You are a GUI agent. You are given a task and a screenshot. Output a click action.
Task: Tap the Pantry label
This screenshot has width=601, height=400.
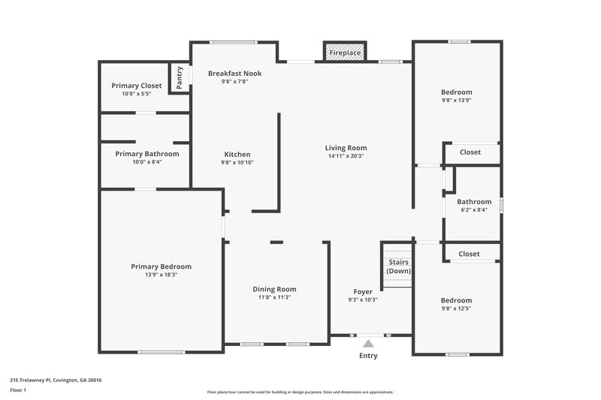point(180,77)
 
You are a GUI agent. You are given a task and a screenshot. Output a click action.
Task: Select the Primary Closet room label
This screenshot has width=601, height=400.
point(137,86)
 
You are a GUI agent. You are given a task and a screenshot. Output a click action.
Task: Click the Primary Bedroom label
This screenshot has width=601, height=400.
point(161,266)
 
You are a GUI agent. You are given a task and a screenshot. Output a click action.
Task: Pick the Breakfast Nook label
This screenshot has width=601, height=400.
point(234,73)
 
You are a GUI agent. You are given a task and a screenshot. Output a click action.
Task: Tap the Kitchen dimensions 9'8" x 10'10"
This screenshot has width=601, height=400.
point(237,162)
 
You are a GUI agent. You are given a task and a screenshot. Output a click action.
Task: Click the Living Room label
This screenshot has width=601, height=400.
point(346,148)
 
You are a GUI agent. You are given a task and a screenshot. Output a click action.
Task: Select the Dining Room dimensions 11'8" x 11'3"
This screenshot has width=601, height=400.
point(273,297)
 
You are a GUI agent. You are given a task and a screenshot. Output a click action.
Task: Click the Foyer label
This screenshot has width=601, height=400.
point(363,291)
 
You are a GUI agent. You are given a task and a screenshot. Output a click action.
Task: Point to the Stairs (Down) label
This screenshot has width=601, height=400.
point(398,266)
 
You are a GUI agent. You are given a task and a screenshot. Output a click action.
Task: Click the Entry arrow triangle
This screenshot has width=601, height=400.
point(368,344)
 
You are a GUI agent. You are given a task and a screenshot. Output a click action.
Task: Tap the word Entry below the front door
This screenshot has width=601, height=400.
point(368,356)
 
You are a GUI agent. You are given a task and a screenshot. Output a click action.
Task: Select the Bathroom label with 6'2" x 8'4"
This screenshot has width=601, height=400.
point(474,201)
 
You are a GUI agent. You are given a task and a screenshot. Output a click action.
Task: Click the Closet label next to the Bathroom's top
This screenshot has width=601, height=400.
point(470,152)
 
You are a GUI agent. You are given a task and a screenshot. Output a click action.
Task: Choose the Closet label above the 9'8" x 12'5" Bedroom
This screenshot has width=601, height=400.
point(469,254)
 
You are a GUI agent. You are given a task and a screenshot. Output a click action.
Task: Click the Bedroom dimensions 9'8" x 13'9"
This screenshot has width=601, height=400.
point(456,100)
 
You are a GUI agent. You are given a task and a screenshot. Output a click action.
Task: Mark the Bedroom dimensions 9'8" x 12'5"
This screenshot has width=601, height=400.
point(456,308)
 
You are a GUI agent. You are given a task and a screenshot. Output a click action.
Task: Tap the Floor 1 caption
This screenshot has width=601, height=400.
point(18,390)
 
